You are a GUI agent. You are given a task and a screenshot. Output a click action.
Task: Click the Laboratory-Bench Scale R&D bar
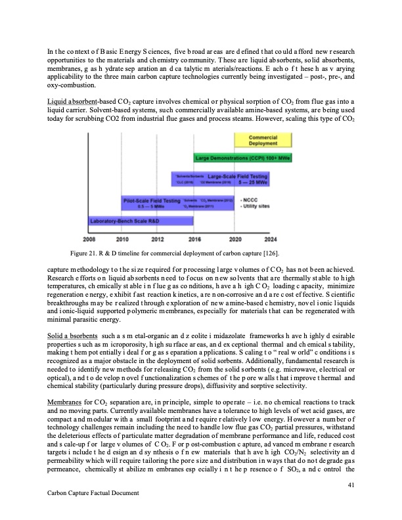tap(131, 221)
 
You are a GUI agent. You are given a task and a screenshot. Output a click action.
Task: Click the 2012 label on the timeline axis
tap(158, 239)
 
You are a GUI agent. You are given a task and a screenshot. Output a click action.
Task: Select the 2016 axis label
tap(195, 239)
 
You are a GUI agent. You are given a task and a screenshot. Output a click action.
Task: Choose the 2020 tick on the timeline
tap(234, 239)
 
